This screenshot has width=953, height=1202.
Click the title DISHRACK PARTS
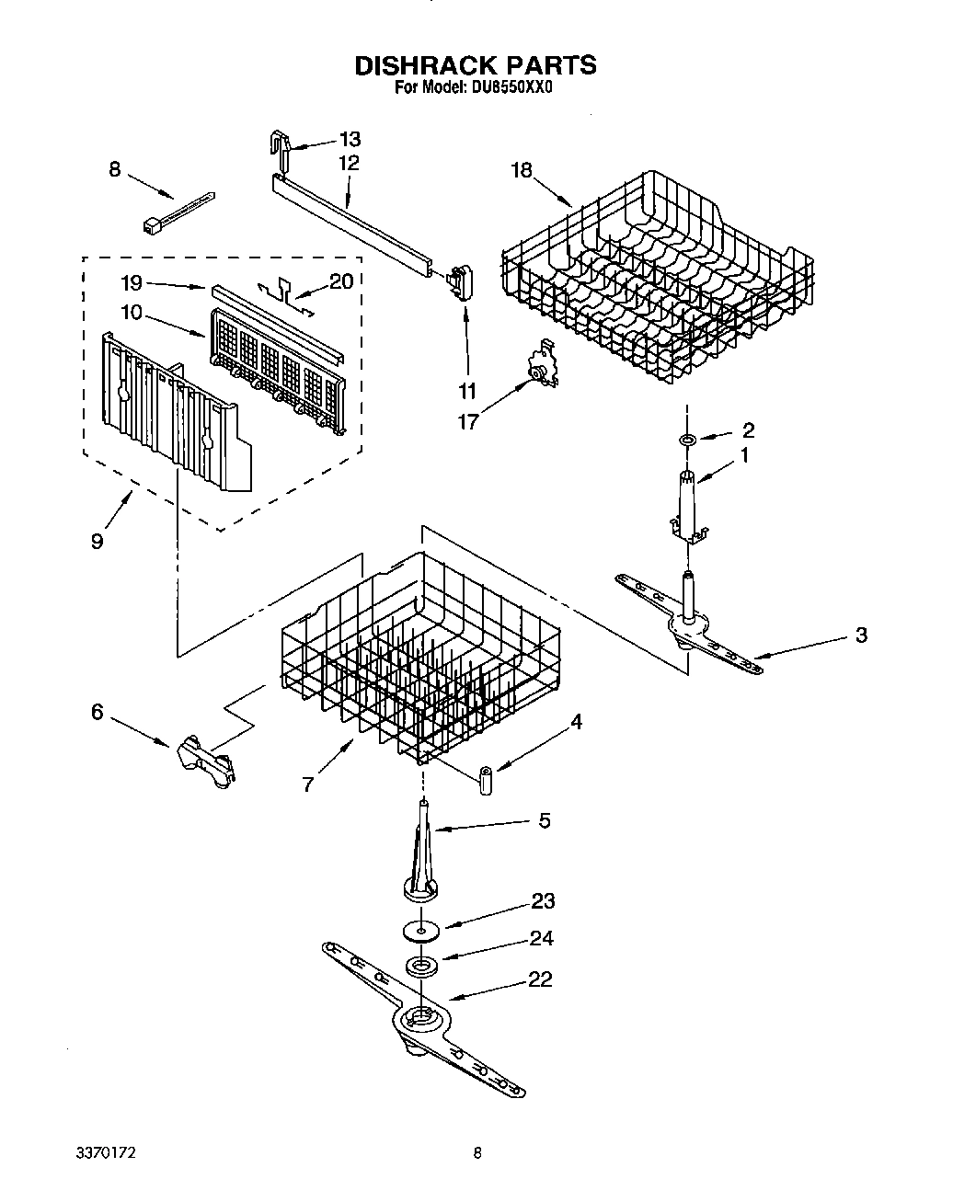click(476, 65)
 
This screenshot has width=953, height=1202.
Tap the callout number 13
click(350, 140)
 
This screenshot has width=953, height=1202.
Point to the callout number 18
click(522, 170)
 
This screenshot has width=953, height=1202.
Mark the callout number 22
click(540, 979)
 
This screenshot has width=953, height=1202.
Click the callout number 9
click(97, 541)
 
